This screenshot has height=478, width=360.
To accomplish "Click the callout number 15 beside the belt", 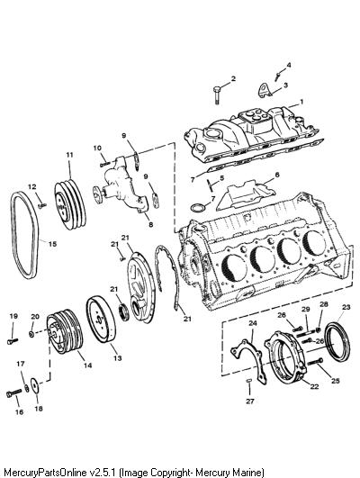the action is [x=52, y=244].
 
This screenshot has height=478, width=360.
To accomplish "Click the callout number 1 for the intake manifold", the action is [x=301, y=102].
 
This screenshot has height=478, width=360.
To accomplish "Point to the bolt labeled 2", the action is [x=216, y=95].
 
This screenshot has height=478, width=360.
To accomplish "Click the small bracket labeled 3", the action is [x=265, y=90].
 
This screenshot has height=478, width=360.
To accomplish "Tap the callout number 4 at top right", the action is [x=289, y=65].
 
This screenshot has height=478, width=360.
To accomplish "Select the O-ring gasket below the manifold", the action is [x=197, y=208].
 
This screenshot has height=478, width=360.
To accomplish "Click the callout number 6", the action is [x=277, y=175].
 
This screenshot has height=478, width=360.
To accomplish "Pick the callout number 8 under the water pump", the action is [x=150, y=225].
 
